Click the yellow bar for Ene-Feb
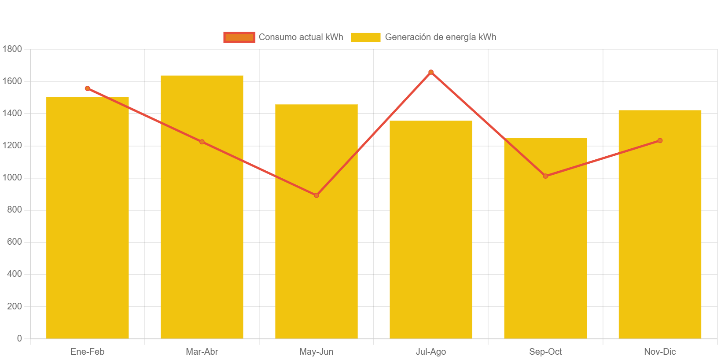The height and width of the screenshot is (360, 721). pyautogui.click(x=87, y=220)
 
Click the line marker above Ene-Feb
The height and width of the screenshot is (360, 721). pyautogui.click(x=87, y=88)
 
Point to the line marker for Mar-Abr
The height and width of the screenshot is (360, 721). pyautogui.click(x=202, y=142)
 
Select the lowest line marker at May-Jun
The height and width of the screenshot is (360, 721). pyautogui.click(x=316, y=195)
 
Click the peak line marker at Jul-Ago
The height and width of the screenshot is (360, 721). pyautogui.click(x=431, y=72)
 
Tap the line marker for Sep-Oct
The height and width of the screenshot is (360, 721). pyautogui.click(x=545, y=176)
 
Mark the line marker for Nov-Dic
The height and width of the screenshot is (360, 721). pyautogui.click(x=660, y=140)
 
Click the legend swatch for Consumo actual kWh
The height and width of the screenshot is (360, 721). pyautogui.click(x=239, y=37)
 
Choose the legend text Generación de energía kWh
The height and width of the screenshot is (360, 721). pyautogui.click(x=440, y=37)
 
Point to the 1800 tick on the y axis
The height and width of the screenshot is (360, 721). pyautogui.click(x=12, y=49)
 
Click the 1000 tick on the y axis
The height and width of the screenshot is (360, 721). pyautogui.click(x=12, y=177)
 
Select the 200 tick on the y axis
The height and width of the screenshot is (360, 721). pyautogui.click(x=14, y=306)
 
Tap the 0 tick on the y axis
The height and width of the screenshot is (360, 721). pyautogui.click(x=19, y=338)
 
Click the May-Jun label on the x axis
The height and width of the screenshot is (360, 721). pyautogui.click(x=316, y=352)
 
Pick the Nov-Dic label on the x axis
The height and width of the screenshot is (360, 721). pyautogui.click(x=659, y=352)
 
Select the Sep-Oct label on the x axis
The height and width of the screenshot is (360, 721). pyautogui.click(x=545, y=352)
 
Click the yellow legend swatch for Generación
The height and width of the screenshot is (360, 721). pyautogui.click(x=365, y=37)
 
